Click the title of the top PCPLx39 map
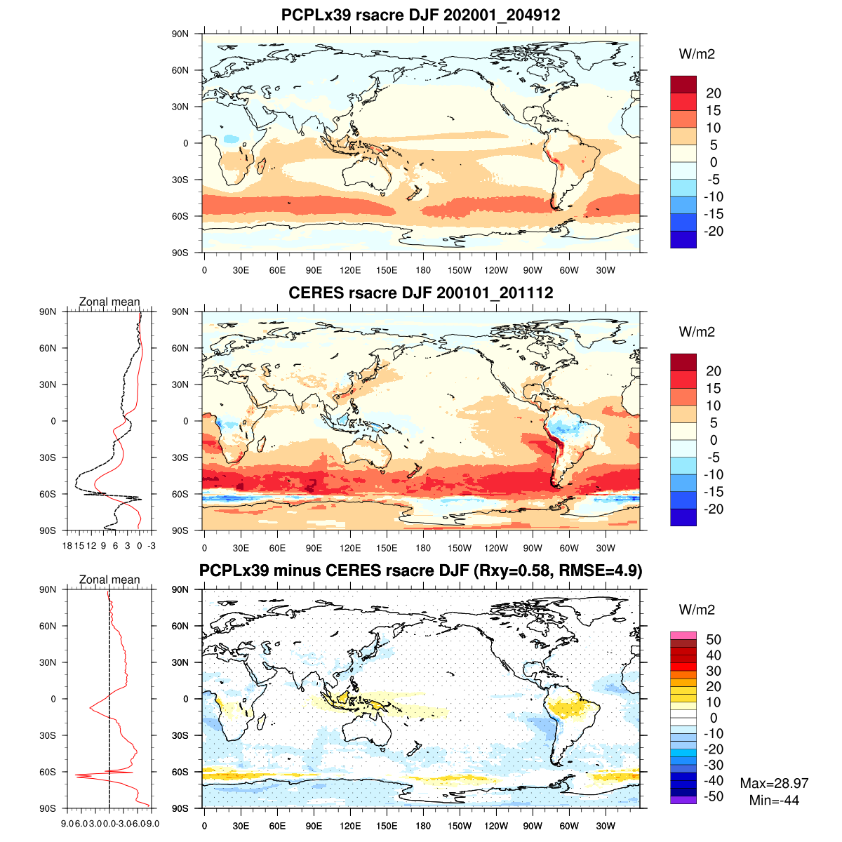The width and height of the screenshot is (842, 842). pos(420,15)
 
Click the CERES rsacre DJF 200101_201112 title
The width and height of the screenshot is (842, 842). pos(420,293)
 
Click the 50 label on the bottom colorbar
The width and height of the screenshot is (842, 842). pos(714,639)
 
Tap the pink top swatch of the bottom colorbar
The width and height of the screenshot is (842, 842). pos(683,635)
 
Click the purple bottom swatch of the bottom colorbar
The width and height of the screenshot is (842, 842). pos(683,800)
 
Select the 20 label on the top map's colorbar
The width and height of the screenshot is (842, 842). pos(714,93)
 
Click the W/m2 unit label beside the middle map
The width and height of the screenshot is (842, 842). pos(697,332)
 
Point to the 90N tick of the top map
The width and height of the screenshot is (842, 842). pos(180,34)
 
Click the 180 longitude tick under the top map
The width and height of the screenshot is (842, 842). pos(423,270)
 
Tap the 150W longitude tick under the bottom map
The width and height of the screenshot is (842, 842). pos(460,826)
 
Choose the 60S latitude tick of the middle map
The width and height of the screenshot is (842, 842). pos(180,494)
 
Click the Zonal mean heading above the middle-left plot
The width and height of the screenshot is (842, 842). pos(109,302)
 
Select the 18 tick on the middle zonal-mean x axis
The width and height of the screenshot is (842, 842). pos(67,545)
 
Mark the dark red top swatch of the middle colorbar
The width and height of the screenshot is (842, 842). pos(683,362)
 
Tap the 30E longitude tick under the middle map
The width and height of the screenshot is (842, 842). pos(241,548)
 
